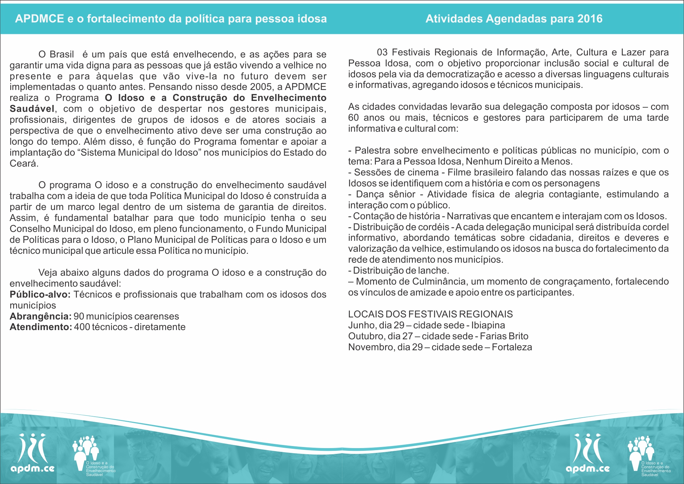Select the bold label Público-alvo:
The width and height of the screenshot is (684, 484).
pos(40,295)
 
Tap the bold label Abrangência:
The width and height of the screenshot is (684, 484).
pos(40,316)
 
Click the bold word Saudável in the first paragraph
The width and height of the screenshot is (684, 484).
pos(32,109)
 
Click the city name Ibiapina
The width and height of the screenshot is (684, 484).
pos(488,325)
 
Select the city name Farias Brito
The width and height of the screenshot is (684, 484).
pos(504,336)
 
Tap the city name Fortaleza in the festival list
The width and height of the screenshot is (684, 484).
pos(512,347)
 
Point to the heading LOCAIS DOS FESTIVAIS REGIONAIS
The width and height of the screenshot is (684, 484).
pos(430,314)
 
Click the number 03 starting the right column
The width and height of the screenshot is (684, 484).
pos(382,52)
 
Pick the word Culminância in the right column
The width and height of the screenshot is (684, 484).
pos(439,282)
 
